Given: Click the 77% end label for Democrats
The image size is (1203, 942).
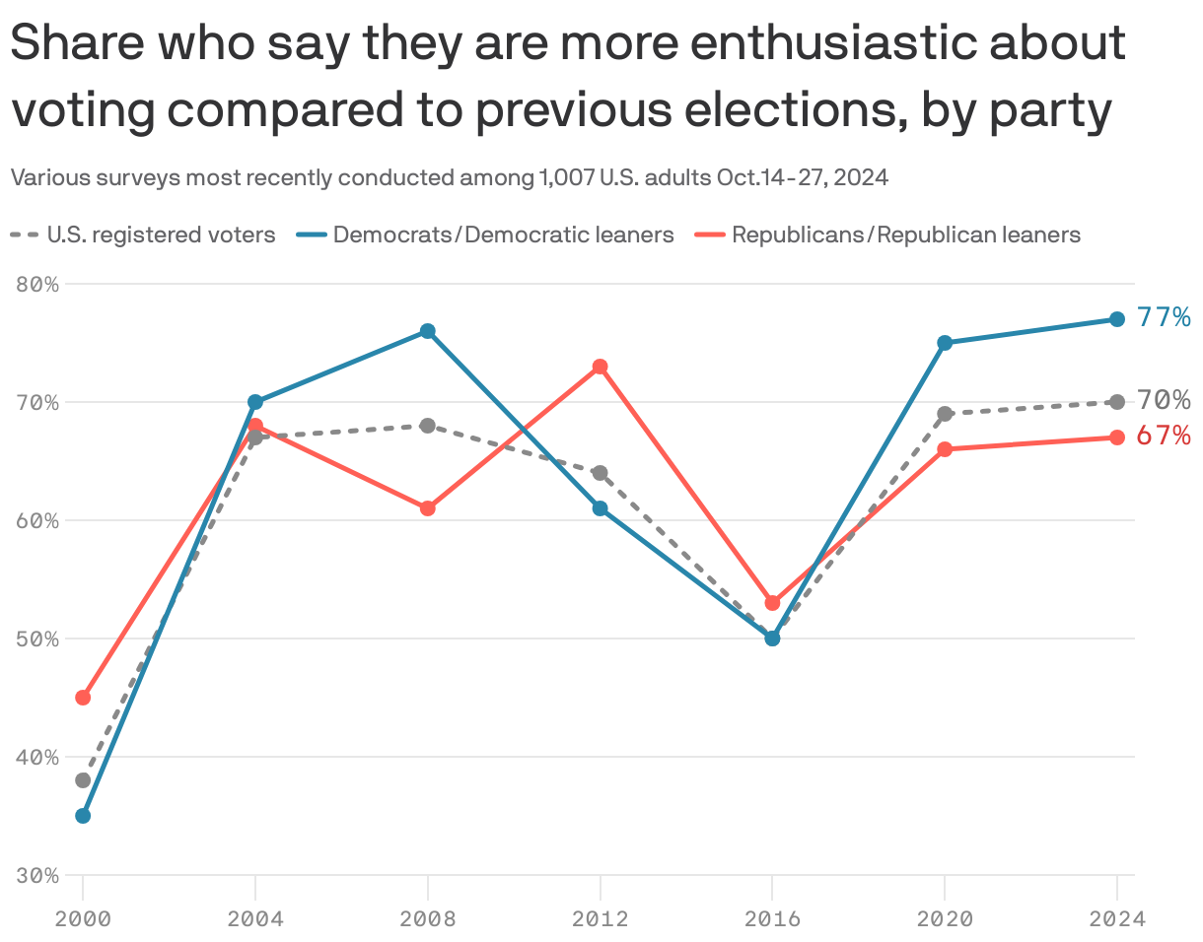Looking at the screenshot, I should pos(1164,317).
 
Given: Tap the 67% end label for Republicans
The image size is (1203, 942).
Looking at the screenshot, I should pos(1164,436).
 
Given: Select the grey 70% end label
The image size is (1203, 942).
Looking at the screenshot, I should pos(1164,400).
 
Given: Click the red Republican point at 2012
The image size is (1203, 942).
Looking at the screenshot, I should pos(600,367).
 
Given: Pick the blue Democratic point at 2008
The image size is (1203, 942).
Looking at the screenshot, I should pos(427,331).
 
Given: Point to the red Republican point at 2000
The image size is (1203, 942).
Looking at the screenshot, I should pos(83,698).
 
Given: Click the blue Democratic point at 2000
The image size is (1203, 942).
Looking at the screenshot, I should pos(83,816).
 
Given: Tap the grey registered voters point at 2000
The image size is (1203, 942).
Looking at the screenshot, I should pos(83,780).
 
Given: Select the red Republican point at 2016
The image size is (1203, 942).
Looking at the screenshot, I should pos(772,603).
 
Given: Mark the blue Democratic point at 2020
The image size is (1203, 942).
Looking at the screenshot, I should pos(945,343).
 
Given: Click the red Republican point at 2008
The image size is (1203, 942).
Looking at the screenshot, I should pos(427,508).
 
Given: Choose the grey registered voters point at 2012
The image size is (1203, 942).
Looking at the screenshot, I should pos(600,473).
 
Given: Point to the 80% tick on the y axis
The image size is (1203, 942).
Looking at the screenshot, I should pos(37,285).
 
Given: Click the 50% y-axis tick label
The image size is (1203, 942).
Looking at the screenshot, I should pos(37,639).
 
